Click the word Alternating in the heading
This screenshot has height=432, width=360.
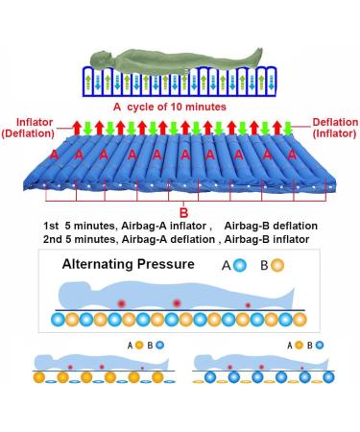click(x=101, y=263)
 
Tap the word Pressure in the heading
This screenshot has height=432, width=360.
click(x=170, y=263)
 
